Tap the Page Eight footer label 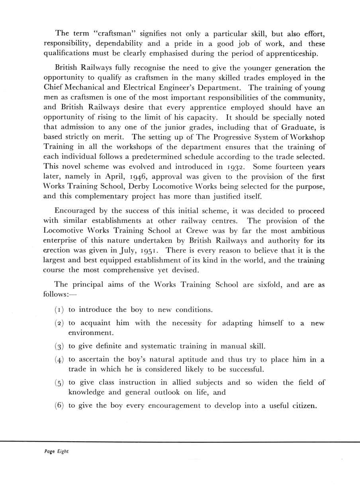click(56, 452)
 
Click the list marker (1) click(59, 310)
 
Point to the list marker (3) click(59, 346)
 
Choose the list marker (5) click(59, 383)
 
